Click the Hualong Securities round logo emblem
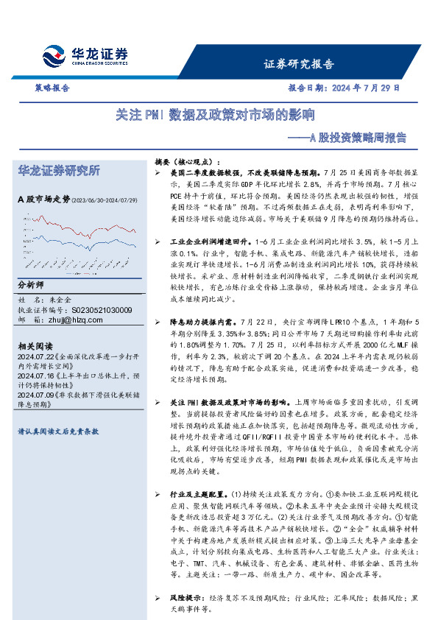(x=56, y=56)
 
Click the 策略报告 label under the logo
(x=52, y=87)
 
